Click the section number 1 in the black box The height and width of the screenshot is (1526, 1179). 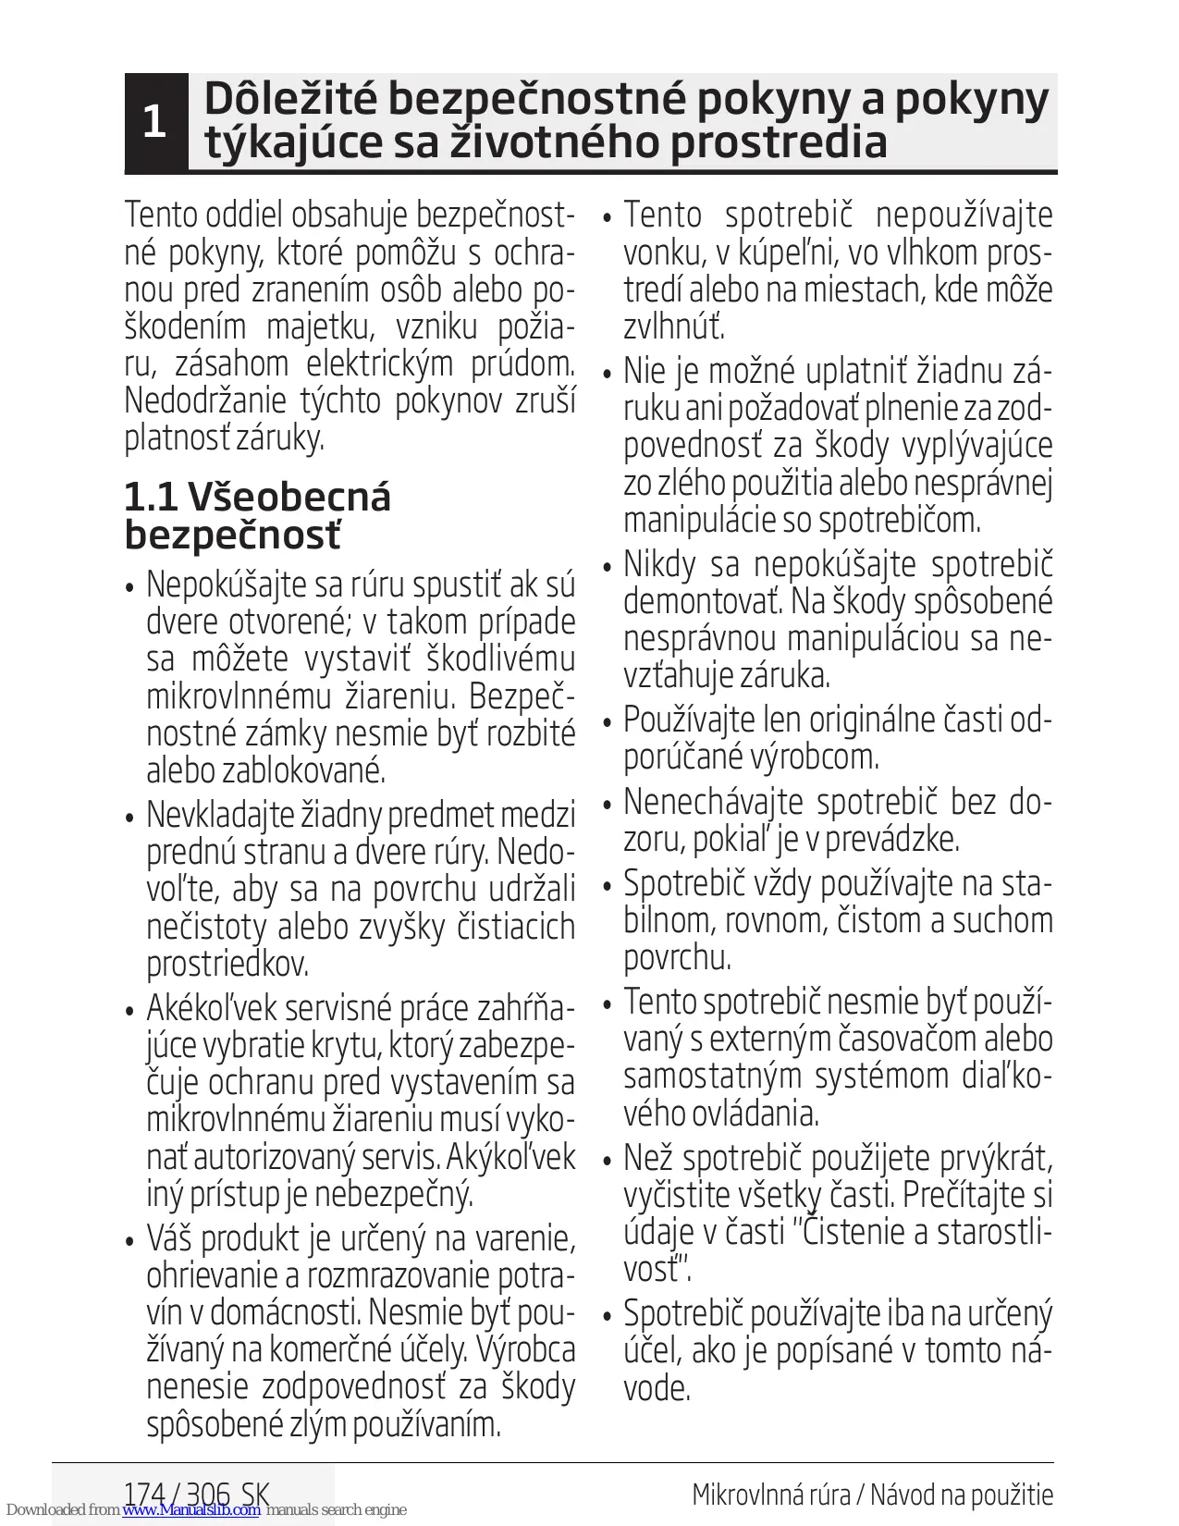tap(154, 122)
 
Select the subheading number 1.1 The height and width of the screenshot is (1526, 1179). tap(150, 498)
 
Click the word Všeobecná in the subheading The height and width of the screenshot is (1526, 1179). tap(289, 498)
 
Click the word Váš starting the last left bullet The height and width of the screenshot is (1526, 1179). tap(168, 1238)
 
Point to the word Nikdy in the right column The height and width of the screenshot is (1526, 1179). tap(659, 564)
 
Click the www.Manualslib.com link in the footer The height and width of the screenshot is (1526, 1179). tap(191, 1510)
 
